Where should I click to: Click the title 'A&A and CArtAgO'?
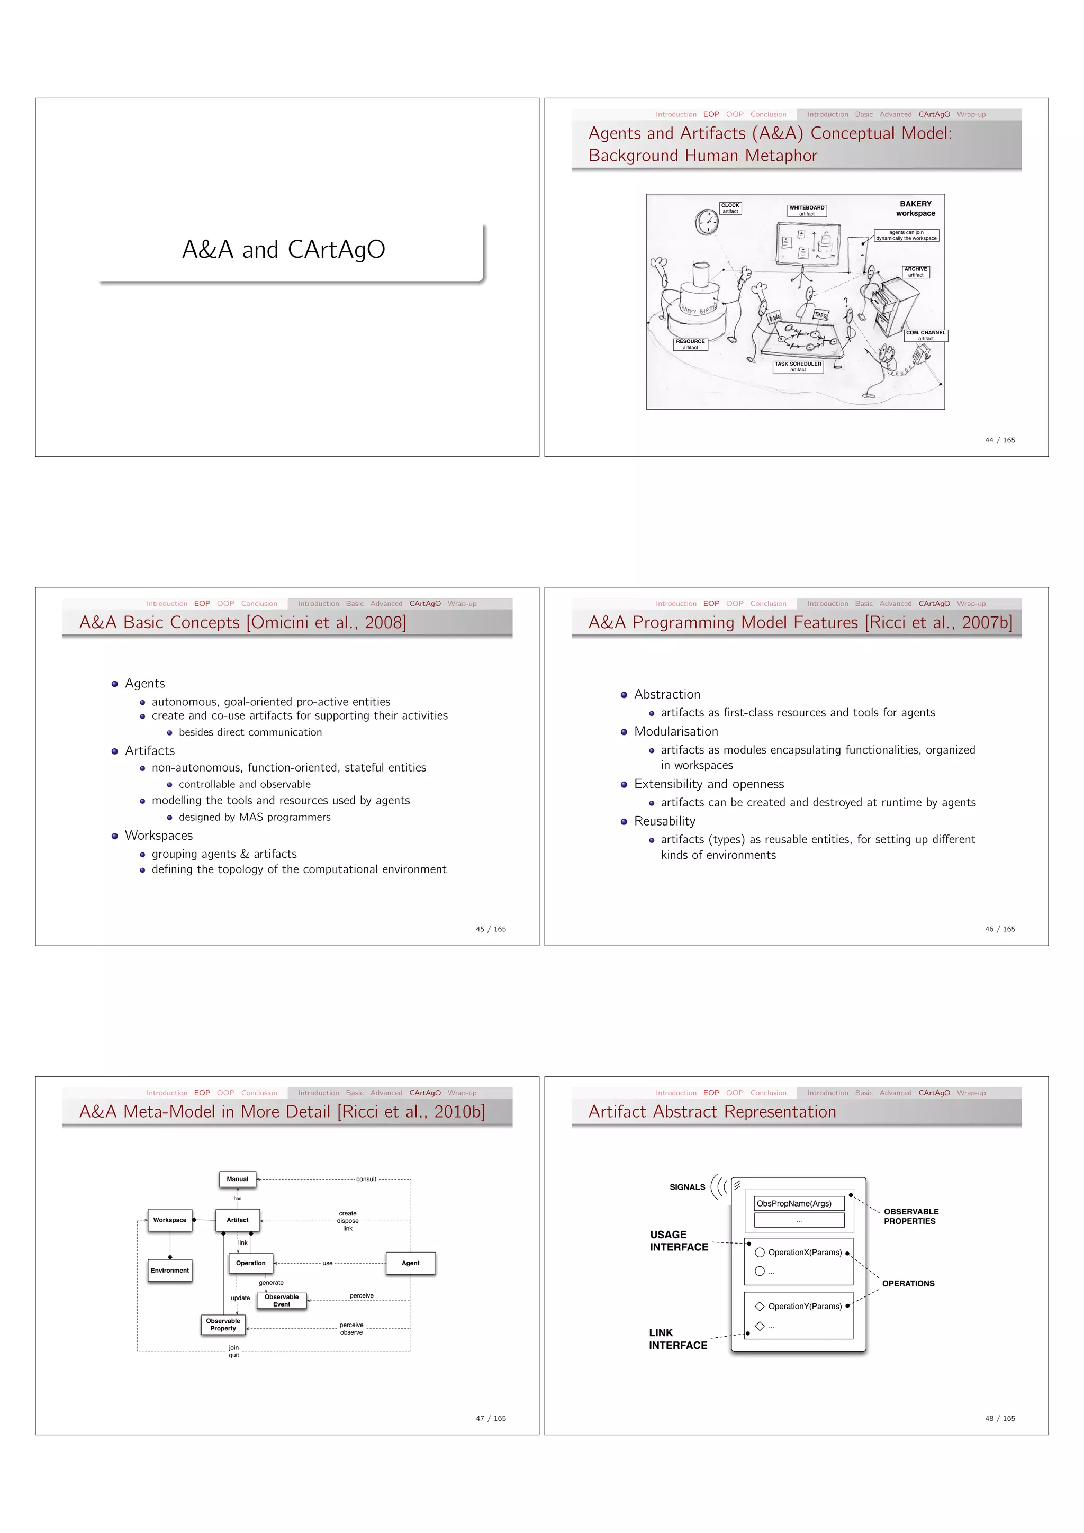click(x=283, y=249)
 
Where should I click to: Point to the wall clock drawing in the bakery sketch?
click(x=706, y=222)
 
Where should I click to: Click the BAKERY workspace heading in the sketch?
click(x=915, y=208)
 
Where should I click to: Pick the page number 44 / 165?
click(x=999, y=440)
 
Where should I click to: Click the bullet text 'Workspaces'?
click(x=158, y=835)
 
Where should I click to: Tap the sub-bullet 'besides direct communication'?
click(x=250, y=732)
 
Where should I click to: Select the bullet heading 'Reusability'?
click(x=665, y=821)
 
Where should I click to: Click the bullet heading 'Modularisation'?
click(x=676, y=732)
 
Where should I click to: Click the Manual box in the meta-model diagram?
click(x=237, y=1179)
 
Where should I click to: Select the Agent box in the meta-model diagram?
click(x=410, y=1263)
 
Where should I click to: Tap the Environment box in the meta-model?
click(x=170, y=1271)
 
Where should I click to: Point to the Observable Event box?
click(x=281, y=1301)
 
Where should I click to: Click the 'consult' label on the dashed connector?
click(x=366, y=1179)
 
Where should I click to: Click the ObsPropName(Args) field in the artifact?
click(x=799, y=1204)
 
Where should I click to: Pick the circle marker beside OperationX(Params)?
click(x=760, y=1253)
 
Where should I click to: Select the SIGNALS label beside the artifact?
click(x=686, y=1187)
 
